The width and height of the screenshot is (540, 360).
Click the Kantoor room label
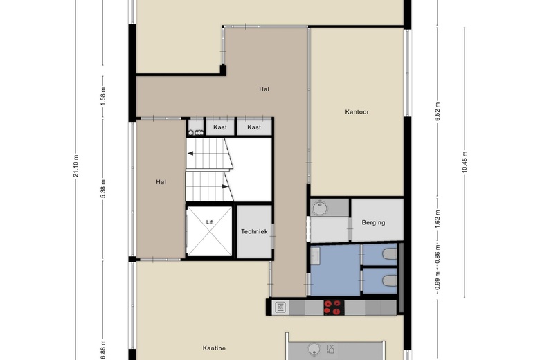coord(357,112)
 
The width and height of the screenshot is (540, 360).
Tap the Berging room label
coord(373,222)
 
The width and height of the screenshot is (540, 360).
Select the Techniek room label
coord(254,231)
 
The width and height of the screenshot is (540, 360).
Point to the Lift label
coord(210,222)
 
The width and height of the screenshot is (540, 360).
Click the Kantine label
coord(214,348)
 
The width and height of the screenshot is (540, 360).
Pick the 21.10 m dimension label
coord(76,166)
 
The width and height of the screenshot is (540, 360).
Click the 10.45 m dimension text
coord(465,162)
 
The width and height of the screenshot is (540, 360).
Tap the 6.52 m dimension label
coord(438,112)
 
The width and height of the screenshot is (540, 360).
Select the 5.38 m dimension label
coord(103,189)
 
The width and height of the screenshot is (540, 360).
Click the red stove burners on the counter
coord(334,307)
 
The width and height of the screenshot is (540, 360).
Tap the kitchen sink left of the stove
coord(280,307)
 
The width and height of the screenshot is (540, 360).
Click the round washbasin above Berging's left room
coord(321,208)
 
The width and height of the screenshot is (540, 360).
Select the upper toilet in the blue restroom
coord(390,254)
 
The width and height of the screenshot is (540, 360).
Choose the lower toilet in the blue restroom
coord(390,281)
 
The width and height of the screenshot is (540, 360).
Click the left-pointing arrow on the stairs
coord(190,154)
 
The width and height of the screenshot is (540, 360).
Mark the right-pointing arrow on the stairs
coord(225,186)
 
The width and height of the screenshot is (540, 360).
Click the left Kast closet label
coord(220,127)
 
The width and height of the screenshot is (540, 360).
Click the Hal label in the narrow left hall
coord(161,182)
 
